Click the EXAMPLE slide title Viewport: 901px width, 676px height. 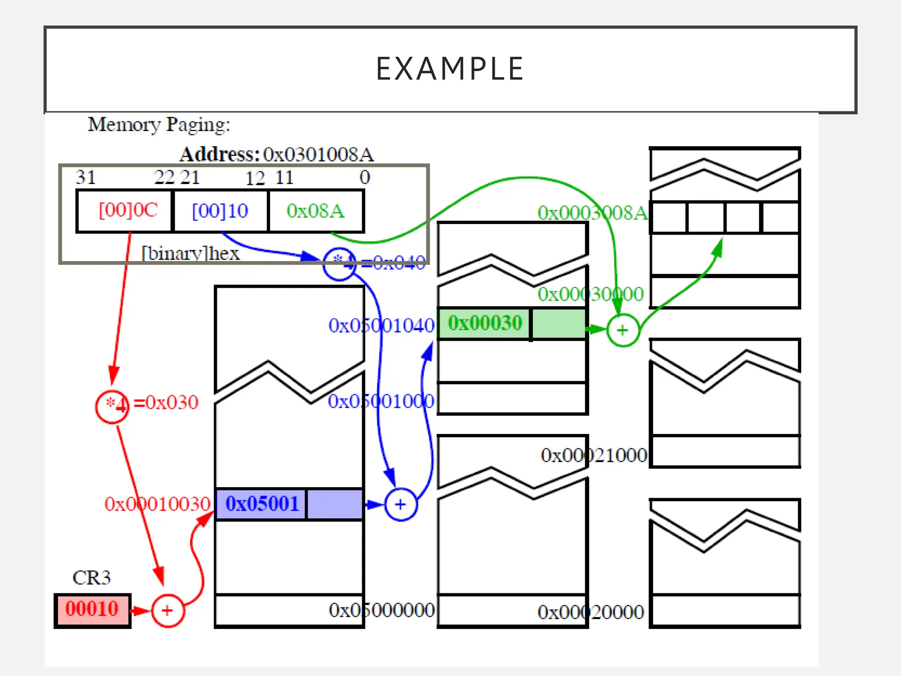tap(450, 69)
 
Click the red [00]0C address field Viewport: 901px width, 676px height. tap(128, 210)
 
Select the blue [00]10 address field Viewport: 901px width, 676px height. tap(220, 211)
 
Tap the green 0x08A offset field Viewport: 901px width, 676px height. tap(315, 211)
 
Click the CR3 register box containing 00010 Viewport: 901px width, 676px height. tap(92, 610)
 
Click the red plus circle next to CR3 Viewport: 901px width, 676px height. tap(168, 611)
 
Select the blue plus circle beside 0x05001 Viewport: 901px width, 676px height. tap(400, 504)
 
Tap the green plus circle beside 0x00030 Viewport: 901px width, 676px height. tap(623, 330)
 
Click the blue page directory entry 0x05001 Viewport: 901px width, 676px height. tap(262, 504)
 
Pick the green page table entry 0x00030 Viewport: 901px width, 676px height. tap(485, 323)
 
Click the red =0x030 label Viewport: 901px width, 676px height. tap(166, 402)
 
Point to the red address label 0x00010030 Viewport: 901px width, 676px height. tap(157, 504)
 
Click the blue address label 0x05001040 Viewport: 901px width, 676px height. tap(381, 326)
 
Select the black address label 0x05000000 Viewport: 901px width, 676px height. tap(381, 610)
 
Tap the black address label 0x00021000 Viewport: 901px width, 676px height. tap(594, 455)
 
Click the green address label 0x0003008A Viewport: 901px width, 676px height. tap(592, 213)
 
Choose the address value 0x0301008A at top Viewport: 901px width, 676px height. tap(318, 154)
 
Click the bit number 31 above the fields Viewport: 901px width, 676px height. tap(86, 177)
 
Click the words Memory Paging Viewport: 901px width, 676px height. tap(159, 125)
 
